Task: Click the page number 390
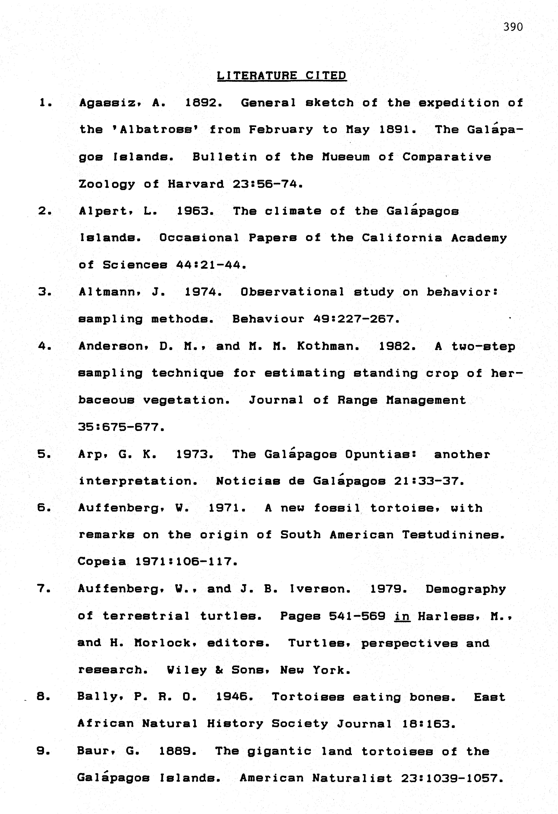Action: [513, 27]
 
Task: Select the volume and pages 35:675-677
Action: [121, 427]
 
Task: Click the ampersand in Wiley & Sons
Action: [219, 670]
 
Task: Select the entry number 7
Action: [43, 589]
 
